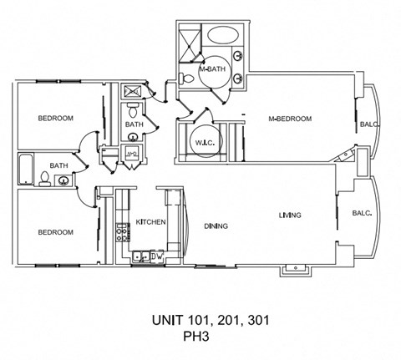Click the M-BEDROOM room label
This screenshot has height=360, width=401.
tap(290, 119)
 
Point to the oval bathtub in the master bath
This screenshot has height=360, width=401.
tap(221, 36)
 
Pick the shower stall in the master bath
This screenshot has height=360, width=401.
tap(190, 38)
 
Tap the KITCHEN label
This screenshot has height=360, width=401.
tap(150, 222)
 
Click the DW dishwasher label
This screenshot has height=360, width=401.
tap(156, 256)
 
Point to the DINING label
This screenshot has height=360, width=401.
tap(216, 226)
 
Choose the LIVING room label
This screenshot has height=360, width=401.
tap(290, 215)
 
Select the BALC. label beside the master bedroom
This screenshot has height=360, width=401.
tap(370, 125)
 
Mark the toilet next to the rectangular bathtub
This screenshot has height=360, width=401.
tap(43, 178)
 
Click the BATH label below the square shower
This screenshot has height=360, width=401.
tap(134, 124)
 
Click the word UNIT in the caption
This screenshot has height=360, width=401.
tap(167, 321)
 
